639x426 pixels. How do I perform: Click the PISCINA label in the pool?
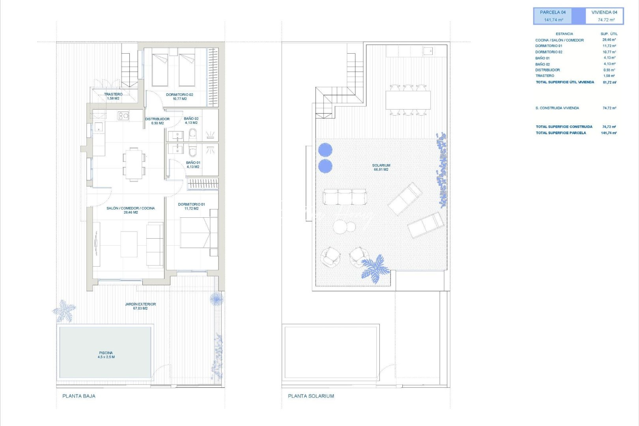(x=106, y=355)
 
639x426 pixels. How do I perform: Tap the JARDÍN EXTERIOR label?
(x=140, y=306)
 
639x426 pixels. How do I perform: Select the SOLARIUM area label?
(x=381, y=167)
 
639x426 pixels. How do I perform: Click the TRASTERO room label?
(x=113, y=96)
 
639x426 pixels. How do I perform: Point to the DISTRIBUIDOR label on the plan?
(x=157, y=121)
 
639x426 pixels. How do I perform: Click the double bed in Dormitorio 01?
(x=197, y=233)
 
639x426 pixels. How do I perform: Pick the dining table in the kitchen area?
(x=134, y=164)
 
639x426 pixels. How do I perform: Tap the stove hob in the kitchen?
(x=123, y=115)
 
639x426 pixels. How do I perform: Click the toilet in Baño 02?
(x=192, y=135)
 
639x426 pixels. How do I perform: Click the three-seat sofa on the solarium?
(x=344, y=196)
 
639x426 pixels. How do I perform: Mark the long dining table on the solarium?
(x=408, y=100)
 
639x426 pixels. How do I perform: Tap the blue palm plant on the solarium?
(x=375, y=269)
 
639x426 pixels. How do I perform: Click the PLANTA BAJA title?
(x=79, y=396)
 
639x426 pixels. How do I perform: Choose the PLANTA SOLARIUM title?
(x=311, y=396)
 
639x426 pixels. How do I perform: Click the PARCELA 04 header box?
(x=553, y=16)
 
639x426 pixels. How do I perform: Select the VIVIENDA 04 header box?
(x=604, y=16)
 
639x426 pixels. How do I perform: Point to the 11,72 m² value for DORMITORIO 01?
(x=609, y=46)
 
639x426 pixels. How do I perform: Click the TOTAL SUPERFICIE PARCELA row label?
(x=561, y=133)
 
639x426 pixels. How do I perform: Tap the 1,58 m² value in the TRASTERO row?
(x=609, y=76)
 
